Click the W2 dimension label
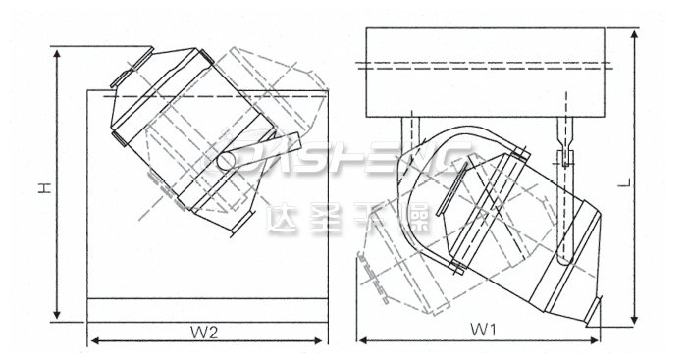204,331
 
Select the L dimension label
651,183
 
